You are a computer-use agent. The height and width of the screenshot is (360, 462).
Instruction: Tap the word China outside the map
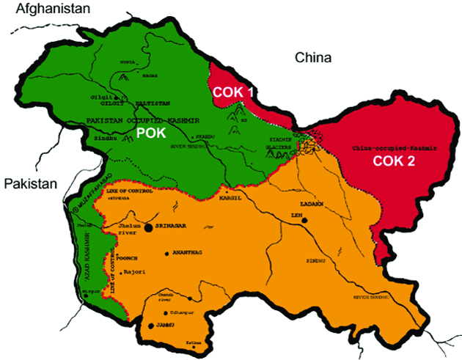312,57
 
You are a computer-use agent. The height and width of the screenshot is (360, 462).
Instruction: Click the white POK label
151,133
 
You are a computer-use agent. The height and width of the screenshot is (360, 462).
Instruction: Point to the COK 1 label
232,92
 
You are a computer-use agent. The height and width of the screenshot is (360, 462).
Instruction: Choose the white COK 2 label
394,162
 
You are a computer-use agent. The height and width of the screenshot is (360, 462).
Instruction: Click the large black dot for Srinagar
149,227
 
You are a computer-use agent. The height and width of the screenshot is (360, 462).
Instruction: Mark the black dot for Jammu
151,325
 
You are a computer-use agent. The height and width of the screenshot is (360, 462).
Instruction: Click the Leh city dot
304,219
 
